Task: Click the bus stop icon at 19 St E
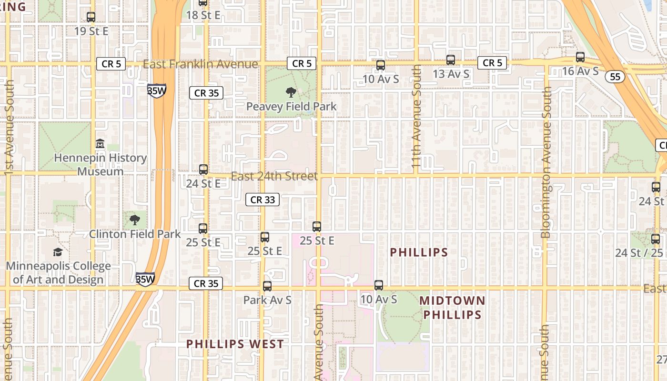[91, 17]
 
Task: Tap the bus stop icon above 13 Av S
[451, 60]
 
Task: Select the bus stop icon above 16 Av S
[580, 57]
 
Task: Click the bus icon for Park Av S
[267, 286]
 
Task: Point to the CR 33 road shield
[263, 200]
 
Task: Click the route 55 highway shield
[616, 76]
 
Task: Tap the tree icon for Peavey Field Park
[291, 92]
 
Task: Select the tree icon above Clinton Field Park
[135, 220]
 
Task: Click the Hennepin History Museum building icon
[100, 143]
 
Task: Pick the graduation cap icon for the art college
[58, 252]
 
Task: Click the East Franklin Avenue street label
[200, 64]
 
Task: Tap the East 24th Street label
[274, 176]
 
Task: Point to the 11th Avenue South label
[416, 117]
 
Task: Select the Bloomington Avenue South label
[546, 162]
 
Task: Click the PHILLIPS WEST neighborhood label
[235, 344]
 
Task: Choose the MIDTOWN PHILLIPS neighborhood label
[452, 308]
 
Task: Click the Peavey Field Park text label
[291, 107]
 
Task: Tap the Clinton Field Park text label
[135, 234]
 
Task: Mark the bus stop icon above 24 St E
[203, 170]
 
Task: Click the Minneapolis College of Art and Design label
[58, 273]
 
